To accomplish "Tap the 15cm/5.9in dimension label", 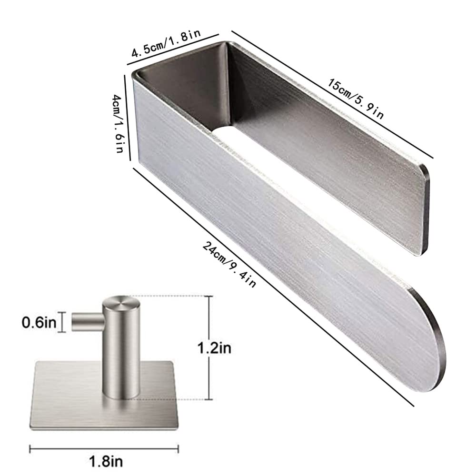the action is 356,98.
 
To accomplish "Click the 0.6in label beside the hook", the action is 40,322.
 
